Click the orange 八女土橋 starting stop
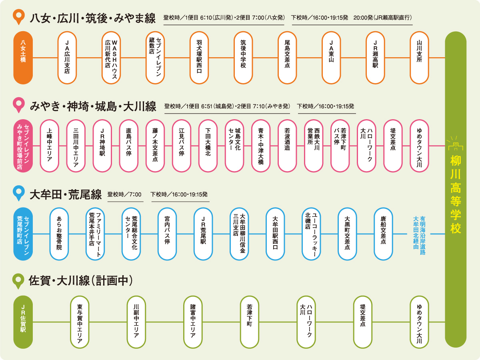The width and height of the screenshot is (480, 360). pos(23,58)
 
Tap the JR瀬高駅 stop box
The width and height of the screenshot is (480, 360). pos(375,58)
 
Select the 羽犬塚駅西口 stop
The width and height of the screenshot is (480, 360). pos(199,58)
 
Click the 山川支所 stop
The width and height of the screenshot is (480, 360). pos(419,58)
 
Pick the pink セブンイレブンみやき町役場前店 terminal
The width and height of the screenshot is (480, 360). pos(23,146)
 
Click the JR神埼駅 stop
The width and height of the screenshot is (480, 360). pos(102,146)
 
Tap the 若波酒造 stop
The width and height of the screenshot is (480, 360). pos(287,146)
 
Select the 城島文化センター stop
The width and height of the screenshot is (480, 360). pos(234,146)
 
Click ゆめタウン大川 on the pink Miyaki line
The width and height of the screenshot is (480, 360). pos(419,146)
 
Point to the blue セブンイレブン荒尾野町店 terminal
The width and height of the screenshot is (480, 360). pos(23,234)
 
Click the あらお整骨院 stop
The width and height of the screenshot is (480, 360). pos(59,234)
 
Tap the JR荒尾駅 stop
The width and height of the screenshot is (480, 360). pos(203,234)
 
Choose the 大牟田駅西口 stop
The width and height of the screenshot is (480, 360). pos(275,234)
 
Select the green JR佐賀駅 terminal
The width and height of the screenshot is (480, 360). pos(23,322)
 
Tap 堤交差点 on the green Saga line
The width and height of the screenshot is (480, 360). pos(363,322)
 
